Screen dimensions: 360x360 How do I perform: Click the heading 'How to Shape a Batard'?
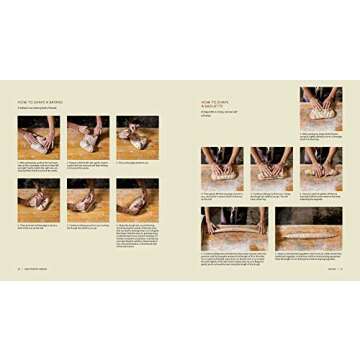click(x=42, y=102)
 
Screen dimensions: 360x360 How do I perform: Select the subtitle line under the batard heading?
click(x=46, y=109)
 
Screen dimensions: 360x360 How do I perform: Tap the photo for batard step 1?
click(x=38, y=138)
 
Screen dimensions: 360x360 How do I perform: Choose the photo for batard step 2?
click(x=88, y=138)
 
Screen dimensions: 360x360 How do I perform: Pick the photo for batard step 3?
click(x=137, y=138)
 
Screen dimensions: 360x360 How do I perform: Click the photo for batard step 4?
click(x=38, y=200)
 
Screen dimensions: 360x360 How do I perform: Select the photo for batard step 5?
click(x=88, y=200)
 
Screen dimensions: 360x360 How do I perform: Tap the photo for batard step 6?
click(x=137, y=200)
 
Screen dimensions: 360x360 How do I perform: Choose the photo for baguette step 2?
click(x=222, y=169)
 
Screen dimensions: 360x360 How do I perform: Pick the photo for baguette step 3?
click(x=271, y=169)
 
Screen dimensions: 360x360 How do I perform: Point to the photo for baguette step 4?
click(x=320, y=169)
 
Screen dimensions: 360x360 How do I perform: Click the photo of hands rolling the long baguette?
click(x=235, y=229)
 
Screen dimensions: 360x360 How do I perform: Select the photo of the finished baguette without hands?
click(x=307, y=229)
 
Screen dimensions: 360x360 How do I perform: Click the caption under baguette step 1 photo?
click(x=320, y=138)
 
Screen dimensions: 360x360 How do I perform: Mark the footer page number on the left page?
click(x=19, y=268)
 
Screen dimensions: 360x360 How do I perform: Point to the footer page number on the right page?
click(x=340, y=268)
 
